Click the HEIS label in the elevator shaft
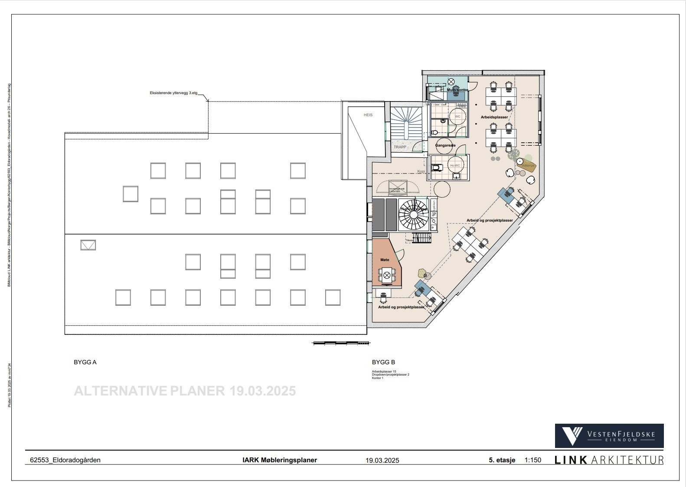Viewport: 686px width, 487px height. (368, 115)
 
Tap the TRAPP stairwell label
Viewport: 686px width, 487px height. (400, 147)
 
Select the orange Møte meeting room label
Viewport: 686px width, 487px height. (385, 260)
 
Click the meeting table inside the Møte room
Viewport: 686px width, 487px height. (387, 275)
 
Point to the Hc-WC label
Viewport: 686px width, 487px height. (454, 166)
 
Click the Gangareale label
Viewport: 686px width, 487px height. (445, 145)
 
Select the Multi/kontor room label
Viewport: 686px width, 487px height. (454, 90)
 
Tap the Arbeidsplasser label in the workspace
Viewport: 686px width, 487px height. (494, 118)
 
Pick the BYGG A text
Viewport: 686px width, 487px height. (85, 362)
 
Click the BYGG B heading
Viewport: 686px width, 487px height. (383, 362)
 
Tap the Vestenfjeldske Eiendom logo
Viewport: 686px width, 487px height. (609, 435)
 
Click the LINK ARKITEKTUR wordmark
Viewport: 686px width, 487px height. (609, 460)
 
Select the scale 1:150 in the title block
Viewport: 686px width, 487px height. (532, 460)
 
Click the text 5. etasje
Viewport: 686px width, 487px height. (502, 460)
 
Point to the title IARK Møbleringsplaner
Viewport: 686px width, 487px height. (279, 460)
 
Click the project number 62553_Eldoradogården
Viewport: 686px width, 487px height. (65, 460)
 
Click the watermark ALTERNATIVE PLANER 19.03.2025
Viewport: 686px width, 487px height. (185, 391)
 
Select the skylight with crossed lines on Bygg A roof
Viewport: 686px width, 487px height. (88, 245)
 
